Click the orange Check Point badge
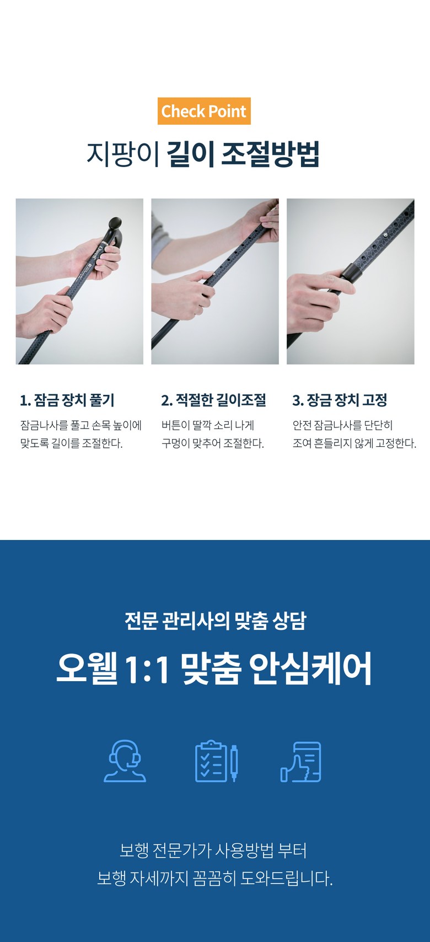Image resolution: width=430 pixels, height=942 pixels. click(x=204, y=111)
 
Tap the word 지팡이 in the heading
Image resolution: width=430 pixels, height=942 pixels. click(x=123, y=154)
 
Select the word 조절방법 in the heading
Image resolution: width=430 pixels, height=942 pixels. click(x=270, y=154)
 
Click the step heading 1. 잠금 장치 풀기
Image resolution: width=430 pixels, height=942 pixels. click(x=67, y=400)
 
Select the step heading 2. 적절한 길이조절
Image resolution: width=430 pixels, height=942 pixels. click(x=213, y=400)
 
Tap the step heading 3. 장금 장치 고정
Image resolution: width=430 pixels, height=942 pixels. click(x=340, y=400)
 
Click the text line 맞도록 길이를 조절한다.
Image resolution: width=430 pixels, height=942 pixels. click(x=72, y=443)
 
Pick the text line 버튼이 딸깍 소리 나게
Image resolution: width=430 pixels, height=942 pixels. click(x=208, y=425)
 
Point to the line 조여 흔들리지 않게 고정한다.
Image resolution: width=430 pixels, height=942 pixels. click(x=354, y=443)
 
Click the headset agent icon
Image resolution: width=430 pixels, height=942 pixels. click(x=125, y=761)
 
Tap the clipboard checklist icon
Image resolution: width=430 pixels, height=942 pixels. click(x=217, y=761)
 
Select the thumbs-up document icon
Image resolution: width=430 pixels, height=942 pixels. click(x=301, y=762)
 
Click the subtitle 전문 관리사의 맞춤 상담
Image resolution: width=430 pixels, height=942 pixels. click(x=216, y=620)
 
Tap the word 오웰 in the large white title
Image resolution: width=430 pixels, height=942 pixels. click(x=87, y=669)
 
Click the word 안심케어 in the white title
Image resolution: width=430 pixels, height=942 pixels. click(x=310, y=669)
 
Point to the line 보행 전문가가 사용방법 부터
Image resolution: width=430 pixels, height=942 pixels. click(x=213, y=850)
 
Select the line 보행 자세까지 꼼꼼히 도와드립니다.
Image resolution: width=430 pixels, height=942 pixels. click(x=215, y=879)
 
